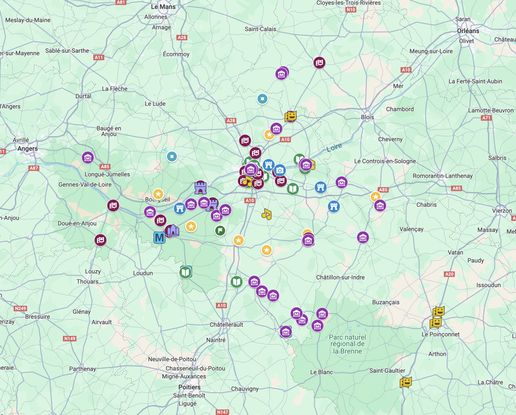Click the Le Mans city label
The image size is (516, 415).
tap(163, 7)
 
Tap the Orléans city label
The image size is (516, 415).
tap(468, 31)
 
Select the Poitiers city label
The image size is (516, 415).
tap(189, 387)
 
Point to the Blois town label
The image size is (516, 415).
tap(367, 117)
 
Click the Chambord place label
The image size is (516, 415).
tap(399, 109)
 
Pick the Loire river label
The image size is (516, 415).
tap(334, 147)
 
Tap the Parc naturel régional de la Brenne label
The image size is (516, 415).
tap(347, 344)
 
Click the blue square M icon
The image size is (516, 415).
tap(159, 238)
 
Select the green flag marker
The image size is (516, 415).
tap(220, 231)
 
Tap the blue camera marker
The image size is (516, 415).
tap(280, 170)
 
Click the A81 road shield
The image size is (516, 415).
tap(121, 2)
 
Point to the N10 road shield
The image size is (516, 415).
tap(351, 10)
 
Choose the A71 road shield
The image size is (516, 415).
tap(486, 118)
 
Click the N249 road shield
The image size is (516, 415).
tap(20, 309)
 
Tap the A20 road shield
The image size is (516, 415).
tap(449, 274)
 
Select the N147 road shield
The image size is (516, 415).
tap(223, 412)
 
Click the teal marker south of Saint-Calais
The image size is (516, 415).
tap(262, 98)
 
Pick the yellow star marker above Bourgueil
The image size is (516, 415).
tap(158, 194)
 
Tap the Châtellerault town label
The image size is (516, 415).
tap(226, 325)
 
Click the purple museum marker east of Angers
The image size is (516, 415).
tap(88, 157)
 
